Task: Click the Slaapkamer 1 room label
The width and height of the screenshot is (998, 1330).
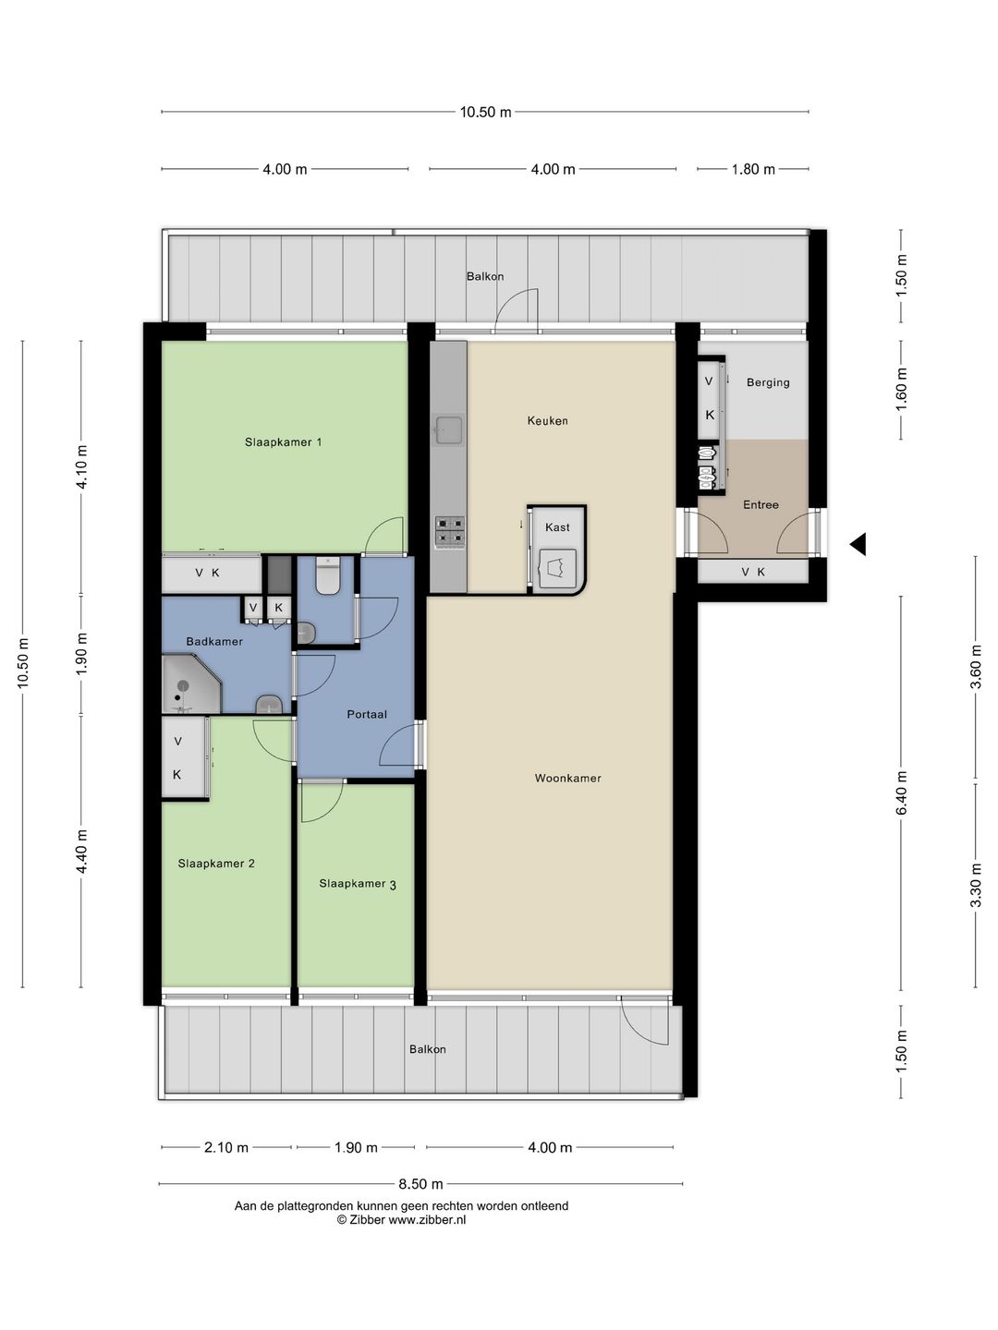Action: point(283,442)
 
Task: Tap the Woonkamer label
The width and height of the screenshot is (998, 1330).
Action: point(567,778)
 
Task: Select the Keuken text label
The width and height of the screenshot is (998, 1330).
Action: point(547,420)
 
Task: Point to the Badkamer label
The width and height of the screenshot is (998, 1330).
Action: point(214,641)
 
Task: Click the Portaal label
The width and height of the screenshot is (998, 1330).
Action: point(367,714)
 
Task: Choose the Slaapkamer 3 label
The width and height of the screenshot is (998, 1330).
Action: point(358,884)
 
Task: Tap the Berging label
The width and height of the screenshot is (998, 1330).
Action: point(768,382)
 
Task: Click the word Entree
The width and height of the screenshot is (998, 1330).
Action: point(761,504)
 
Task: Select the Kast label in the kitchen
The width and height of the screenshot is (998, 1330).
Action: point(557,527)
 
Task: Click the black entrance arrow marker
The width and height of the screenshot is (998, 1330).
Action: point(858,544)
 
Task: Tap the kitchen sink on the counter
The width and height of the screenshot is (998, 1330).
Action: point(448,429)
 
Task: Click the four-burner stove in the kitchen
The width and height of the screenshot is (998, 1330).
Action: point(450,532)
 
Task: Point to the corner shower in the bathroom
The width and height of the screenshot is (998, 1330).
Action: point(191,683)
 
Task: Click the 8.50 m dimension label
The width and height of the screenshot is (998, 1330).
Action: point(420,1184)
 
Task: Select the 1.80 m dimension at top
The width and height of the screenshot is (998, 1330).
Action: point(752,169)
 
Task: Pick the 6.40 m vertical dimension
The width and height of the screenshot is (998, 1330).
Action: point(901,793)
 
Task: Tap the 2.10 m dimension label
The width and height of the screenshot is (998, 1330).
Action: point(226,1148)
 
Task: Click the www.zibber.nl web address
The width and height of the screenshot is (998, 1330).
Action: point(427,1220)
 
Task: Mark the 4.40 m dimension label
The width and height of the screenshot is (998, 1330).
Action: point(82,852)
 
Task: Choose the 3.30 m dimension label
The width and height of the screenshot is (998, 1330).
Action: point(976,885)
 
